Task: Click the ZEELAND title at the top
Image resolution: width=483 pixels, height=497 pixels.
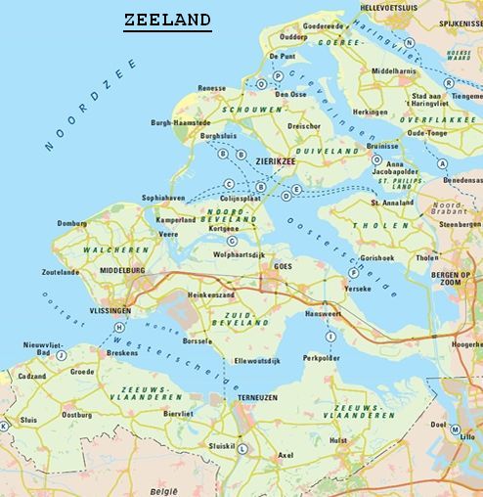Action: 167,19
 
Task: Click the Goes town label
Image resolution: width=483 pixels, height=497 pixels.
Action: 284,266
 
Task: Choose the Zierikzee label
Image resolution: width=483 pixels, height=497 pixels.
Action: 275,163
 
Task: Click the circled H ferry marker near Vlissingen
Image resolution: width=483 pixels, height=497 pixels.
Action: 119,327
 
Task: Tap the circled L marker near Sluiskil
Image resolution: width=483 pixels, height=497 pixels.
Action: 242,449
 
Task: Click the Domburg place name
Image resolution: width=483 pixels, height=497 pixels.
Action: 71,223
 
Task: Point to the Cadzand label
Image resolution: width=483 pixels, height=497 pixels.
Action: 31,376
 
